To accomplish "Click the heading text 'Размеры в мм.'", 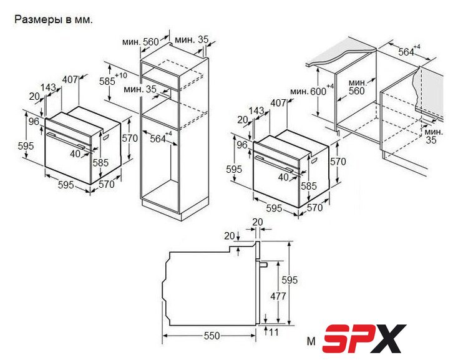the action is click(x=54, y=19).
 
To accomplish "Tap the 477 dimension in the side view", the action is click(x=278, y=296).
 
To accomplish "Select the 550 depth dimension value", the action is click(x=212, y=336).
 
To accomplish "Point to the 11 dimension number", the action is click(x=274, y=332).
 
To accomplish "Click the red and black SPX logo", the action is click(x=364, y=338).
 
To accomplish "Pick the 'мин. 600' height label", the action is click(x=311, y=90).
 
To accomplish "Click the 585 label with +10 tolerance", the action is click(x=113, y=79).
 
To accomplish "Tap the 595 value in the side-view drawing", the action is click(x=290, y=280).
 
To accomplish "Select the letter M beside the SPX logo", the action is click(x=311, y=341).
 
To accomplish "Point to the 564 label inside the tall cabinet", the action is click(x=160, y=138).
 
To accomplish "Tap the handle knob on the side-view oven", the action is click(x=263, y=265).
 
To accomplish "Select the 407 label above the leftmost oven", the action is click(x=71, y=79).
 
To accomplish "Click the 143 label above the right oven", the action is click(x=256, y=111).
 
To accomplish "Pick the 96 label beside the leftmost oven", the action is click(x=34, y=121).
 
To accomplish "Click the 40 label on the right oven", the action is click(x=283, y=177).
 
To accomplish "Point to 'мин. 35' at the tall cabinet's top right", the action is click(x=192, y=39).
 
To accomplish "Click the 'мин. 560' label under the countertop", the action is click(x=357, y=87).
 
